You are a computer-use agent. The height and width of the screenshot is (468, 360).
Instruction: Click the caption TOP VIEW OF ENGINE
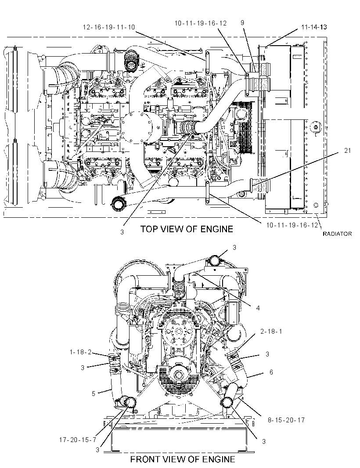click(187, 229)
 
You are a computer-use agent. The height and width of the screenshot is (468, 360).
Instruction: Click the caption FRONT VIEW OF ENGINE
click(183, 459)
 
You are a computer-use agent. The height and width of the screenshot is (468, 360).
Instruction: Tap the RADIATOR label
click(337, 234)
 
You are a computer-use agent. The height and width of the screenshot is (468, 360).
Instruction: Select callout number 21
click(347, 151)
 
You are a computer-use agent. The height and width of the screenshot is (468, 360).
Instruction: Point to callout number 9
click(242, 23)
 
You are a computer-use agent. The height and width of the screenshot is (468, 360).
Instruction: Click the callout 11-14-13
click(314, 27)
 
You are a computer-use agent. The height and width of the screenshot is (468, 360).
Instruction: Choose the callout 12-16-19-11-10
click(108, 27)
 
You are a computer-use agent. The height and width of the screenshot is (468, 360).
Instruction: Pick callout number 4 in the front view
click(258, 308)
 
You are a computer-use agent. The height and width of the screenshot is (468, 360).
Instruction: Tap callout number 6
click(271, 372)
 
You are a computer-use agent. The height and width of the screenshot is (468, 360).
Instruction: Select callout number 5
click(94, 394)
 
